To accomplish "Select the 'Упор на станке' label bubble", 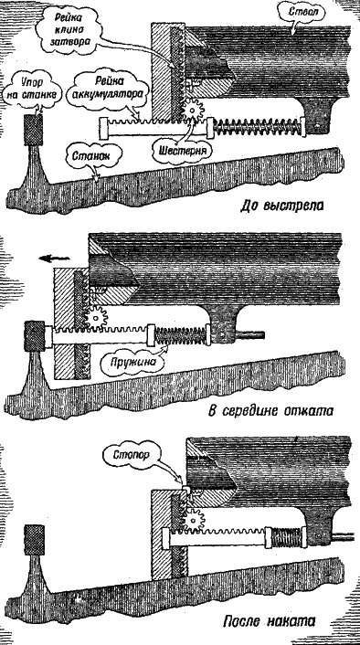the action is pos(31,87).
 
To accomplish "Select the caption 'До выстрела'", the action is pos(281,205).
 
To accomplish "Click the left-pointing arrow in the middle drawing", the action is pos(54,259).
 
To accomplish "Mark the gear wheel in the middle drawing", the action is pos(96,317).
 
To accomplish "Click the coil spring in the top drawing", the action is pos(257,128).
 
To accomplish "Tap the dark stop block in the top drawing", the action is pos(33,130).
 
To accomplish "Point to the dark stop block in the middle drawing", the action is pos(35,336).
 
